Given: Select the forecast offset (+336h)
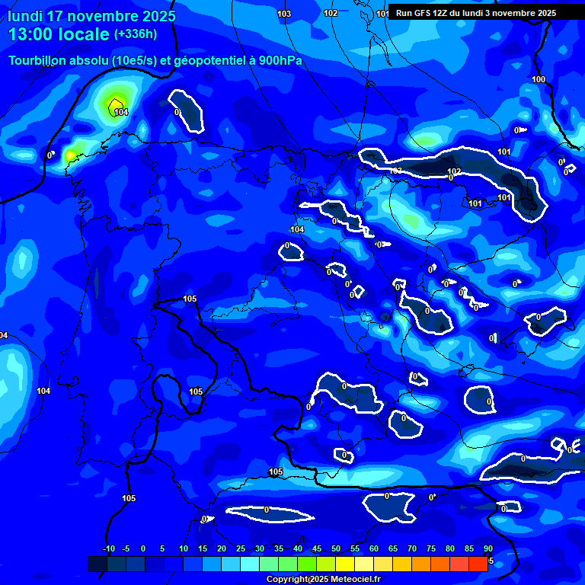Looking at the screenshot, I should (x=136, y=34).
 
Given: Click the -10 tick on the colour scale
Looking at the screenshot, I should (x=108, y=548).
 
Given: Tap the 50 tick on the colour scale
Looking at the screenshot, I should (x=336, y=548).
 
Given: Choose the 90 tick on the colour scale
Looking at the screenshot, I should (x=487, y=548).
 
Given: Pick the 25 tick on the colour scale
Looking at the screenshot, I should (x=241, y=548).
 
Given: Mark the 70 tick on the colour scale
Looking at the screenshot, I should (x=412, y=548).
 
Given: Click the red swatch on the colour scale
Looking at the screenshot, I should (x=478, y=564).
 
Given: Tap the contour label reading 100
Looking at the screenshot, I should (x=539, y=80).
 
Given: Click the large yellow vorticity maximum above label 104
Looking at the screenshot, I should (x=116, y=103).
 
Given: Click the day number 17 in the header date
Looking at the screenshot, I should (x=55, y=16).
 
